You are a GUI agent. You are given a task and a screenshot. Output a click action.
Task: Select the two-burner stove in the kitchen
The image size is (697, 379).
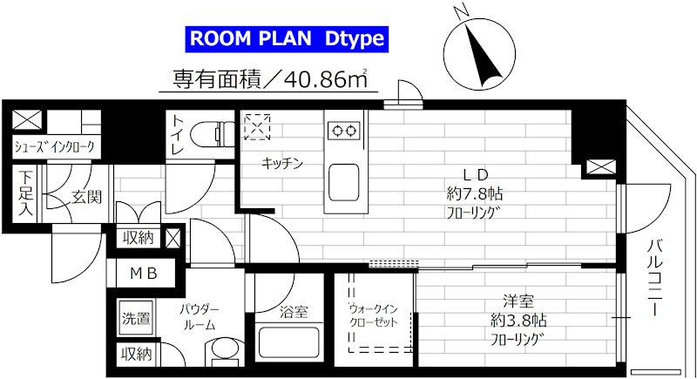342,131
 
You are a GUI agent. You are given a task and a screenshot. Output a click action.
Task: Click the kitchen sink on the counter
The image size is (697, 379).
342,180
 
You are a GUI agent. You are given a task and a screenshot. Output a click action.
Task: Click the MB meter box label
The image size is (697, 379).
144,274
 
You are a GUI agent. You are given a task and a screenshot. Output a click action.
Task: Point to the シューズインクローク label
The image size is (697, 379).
53,146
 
